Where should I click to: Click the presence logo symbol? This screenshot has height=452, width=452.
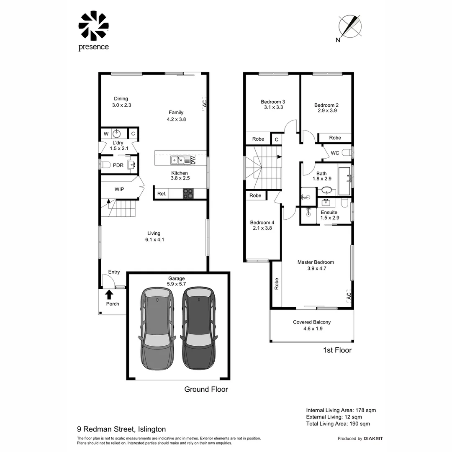coord(93,26)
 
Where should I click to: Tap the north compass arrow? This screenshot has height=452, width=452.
coord(351,26)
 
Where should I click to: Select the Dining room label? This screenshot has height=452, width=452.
coord(121,99)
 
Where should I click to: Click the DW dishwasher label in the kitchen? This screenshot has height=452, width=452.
coord(193,159)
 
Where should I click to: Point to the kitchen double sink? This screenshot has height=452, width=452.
coord(176,160)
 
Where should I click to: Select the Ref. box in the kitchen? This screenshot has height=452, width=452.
coord(162,194)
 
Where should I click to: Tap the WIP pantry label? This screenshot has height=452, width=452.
coord(119,189)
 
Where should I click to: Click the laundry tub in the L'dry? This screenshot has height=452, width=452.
coord(117,134)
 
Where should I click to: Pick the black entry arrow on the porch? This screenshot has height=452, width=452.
coord(110,295)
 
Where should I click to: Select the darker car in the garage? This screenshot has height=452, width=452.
coord(199,329)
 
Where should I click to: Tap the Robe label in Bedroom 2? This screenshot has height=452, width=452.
coord(335,138)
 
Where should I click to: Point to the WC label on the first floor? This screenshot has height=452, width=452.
coord(335,153)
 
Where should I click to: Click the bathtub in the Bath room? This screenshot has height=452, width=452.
coord(344,181)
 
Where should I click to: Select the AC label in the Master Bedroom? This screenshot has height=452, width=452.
coord(349,295)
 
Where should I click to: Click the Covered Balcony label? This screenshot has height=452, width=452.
coord(312,322)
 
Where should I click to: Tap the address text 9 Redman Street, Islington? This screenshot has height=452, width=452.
coord(121,429)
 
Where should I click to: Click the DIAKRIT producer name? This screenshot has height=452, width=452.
coord(373,439)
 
